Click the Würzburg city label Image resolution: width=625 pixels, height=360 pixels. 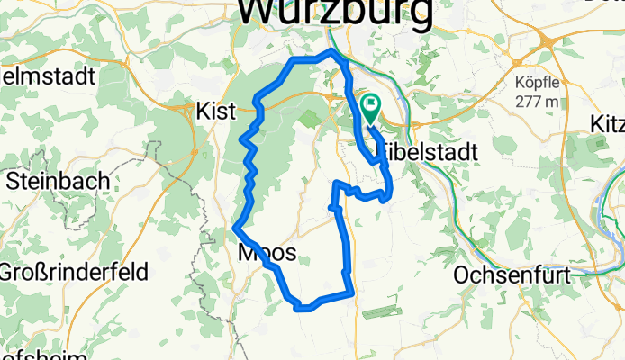pyautogui.click(x=334, y=11)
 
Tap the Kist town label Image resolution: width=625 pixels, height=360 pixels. pyautogui.click(x=215, y=112)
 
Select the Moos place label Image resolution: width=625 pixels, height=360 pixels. pyautogui.click(x=267, y=255)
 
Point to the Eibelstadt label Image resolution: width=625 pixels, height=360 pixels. pyautogui.click(x=430, y=153)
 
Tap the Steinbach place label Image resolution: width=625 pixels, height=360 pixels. pyautogui.click(x=58, y=181)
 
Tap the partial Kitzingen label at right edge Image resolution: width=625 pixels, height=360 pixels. pyautogui.click(x=608, y=123)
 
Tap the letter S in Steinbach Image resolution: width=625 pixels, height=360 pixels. pyautogui.click(x=13, y=181)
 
